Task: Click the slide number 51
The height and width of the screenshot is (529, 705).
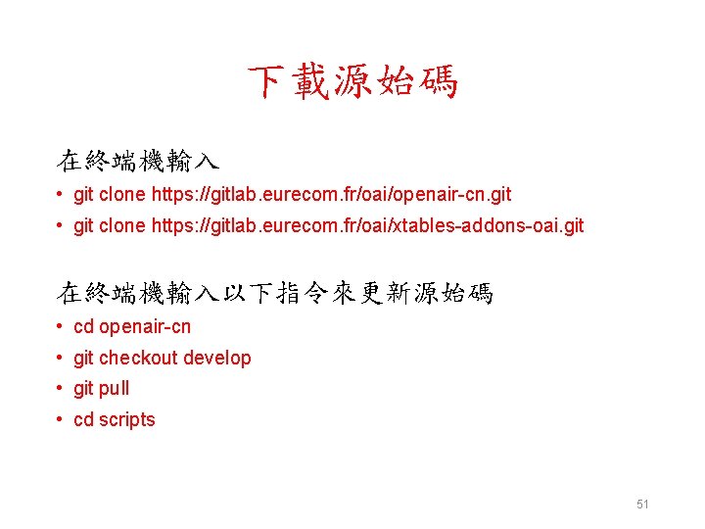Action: pos(642,505)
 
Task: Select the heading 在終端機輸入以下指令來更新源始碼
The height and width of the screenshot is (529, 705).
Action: pos(275,292)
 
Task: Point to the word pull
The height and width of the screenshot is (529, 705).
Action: pos(114,388)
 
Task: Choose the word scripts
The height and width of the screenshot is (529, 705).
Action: pos(127,419)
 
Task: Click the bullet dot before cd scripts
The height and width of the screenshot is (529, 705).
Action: pos(61,419)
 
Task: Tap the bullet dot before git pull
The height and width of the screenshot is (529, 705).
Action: pos(61,388)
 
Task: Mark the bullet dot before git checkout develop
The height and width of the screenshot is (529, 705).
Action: pos(61,358)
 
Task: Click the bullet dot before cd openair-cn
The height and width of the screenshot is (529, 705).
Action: pos(61,326)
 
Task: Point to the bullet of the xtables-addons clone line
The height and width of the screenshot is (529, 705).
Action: pos(61,225)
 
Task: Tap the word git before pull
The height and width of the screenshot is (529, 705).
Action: pos(83,388)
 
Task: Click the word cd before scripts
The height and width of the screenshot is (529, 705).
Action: pos(83,419)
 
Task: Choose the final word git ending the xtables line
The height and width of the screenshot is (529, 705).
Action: pos(572,225)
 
